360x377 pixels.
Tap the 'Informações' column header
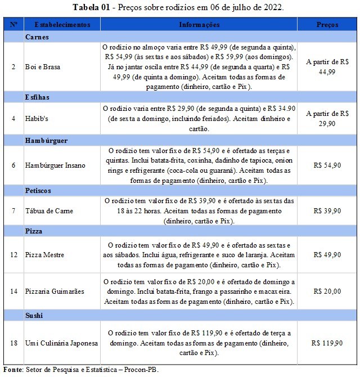pos(199,25)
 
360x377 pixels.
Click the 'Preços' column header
pos(327,25)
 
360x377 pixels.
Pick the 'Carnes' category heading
pos(38,37)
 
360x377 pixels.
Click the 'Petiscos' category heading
pos(39,191)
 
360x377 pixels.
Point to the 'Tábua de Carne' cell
pos(49,211)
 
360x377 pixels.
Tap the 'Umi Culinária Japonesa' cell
pos(62,343)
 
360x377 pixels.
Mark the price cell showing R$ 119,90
pos(327,343)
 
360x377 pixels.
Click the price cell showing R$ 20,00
pos(327,291)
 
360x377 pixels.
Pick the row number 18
pos(13,343)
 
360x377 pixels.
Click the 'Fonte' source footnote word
pos(12,370)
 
